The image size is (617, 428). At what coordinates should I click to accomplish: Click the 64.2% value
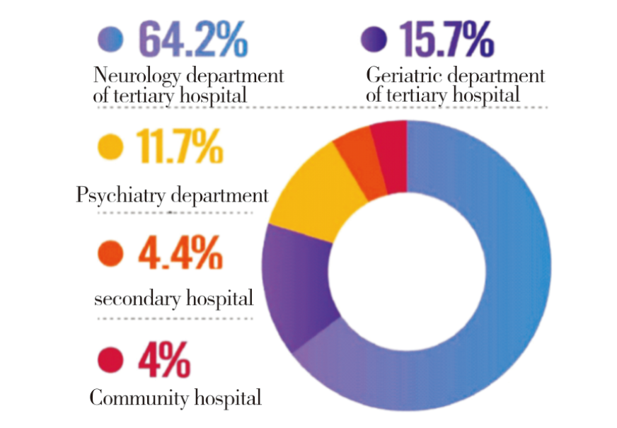192,39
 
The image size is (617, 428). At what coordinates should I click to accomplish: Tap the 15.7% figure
446,40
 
